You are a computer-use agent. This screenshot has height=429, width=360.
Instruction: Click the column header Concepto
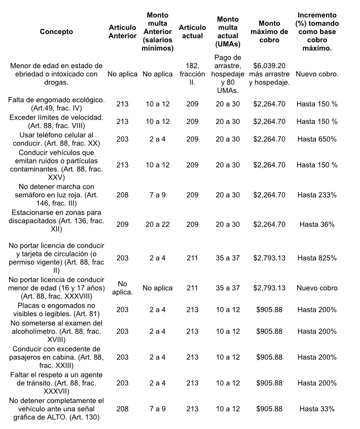tap(56, 32)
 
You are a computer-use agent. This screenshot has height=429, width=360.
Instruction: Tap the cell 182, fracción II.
tap(192, 74)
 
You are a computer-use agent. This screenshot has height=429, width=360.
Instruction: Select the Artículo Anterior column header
tap(122, 32)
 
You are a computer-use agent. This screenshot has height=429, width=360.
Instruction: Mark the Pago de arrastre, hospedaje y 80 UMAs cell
tap(228, 74)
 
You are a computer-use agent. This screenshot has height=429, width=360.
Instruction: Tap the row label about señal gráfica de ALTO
tap(56, 409)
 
